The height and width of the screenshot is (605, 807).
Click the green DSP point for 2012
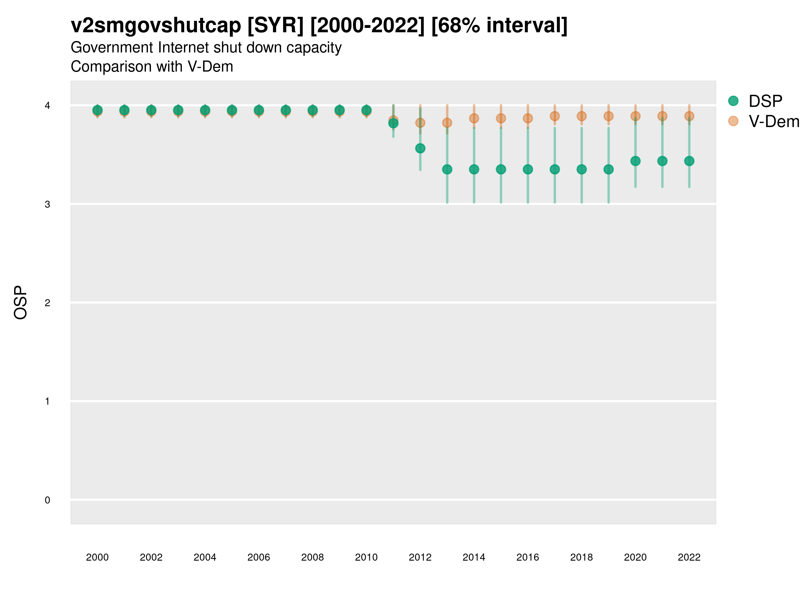pos(420,149)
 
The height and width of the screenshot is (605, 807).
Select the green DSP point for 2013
pos(447,169)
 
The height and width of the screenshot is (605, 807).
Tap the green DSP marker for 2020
pos(635,161)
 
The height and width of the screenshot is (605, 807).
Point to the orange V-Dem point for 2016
pos(528,118)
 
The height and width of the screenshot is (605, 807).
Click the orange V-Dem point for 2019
pos(608,116)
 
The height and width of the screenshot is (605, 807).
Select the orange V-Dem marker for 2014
pos(474,118)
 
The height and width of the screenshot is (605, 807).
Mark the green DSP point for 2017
pos(554,169)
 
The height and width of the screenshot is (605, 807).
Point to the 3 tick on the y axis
pos(47,204)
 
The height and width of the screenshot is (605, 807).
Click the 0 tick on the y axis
pos(47,500)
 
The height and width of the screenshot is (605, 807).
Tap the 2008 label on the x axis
pos(312,557)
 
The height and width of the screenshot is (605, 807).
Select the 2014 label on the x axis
pos(474,557)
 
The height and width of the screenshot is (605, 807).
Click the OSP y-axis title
pos(21,303)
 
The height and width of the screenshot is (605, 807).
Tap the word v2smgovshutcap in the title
pos(156,26)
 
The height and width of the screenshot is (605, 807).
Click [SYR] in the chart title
pos(275,26)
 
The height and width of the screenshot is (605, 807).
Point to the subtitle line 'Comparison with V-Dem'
pos(152,67)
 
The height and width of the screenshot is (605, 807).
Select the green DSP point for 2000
pos(98,110)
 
